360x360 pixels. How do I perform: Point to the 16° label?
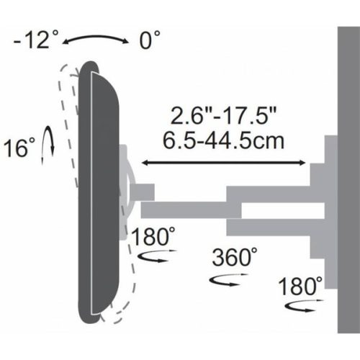(x=19, y=149)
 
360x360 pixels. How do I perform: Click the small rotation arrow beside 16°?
(x=49, y=142)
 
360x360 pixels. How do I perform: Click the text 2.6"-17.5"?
(x=225, y=114)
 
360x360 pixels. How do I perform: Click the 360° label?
(x=234, y=256)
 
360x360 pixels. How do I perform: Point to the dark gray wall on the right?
(x=348, y=180)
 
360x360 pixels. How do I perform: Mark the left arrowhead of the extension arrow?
(x=144, y=164)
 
